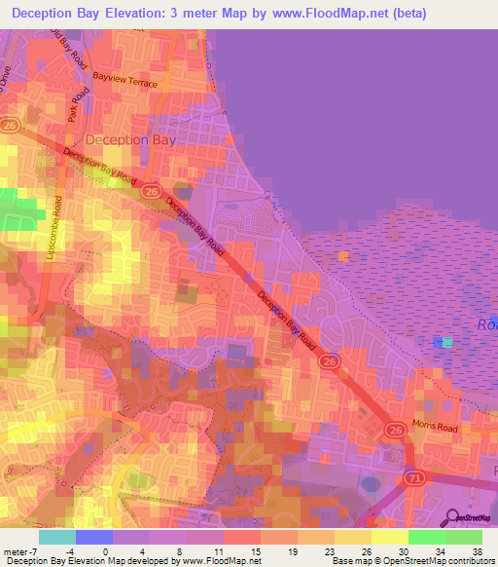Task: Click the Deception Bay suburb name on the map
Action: tap(130, 139)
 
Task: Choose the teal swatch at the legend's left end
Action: tap(57, 537)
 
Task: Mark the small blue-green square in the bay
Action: tap(445, 342)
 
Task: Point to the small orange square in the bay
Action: tap(343, 256)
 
